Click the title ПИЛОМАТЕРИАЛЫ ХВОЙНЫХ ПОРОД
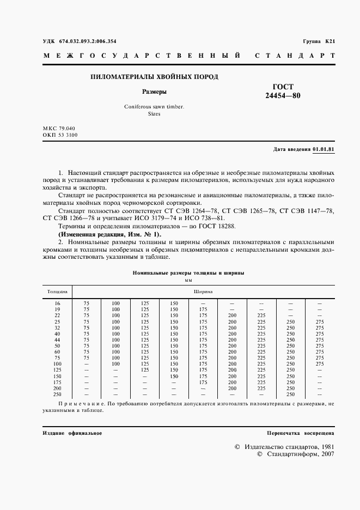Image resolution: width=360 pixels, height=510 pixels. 154,77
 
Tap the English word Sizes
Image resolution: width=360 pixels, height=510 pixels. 154,114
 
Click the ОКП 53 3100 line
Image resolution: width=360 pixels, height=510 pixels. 60,135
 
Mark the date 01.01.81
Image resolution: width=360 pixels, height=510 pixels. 324,149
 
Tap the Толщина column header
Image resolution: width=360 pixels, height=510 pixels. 57,292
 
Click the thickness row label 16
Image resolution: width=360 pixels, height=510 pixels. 57,303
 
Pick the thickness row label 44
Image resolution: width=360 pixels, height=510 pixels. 57,340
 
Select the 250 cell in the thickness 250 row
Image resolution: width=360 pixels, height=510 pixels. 290,394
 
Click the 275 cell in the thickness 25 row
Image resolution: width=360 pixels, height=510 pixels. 320,321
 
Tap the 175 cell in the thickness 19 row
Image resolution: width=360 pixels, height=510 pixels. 203,309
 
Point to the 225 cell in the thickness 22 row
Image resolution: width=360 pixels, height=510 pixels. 261,315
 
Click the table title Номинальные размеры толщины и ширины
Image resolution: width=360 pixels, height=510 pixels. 188,271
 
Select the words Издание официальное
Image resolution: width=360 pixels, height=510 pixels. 72,433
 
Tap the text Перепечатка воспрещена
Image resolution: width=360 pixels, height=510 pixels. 300,433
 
